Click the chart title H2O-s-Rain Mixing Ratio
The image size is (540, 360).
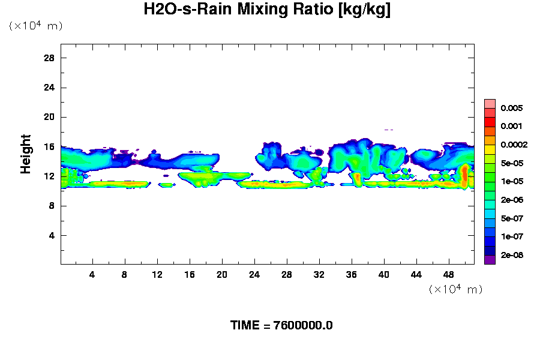pyautogui.click(x=267, y=10)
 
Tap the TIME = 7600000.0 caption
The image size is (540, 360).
pyautogui.click(x=281, y=325)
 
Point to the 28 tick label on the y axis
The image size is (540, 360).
pyautogui.click(x=49, y=58)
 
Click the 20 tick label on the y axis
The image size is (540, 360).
pyautogui.click(x=49, y=117)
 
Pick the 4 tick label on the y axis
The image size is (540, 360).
pyautogui.click(x=52, y=235)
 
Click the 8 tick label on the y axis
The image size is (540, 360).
pyautogui.click(x=52, y=206)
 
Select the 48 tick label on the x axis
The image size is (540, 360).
pyautogui.click(x=449, y=274)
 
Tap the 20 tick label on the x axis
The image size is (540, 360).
pyautogui.click(x=222, y=274)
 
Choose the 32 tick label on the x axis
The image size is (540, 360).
pyautogui.click(x=319, y=274)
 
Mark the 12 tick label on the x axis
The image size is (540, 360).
pyautogui.click(x=157, y=274)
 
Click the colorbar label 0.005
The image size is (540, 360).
pyautogui.click(x=512, y=108)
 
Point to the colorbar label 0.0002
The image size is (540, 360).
pyautogui.click(x=514, y=145)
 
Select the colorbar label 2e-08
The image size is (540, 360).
pyautogui.click(x=512, y=255)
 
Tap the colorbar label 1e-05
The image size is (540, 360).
pyautogui.click(x=512, y=181)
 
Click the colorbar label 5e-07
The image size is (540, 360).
pyautogui.click(x=512, y=218)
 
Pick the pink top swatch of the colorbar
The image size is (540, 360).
pyautogui.click(x=490, y=103)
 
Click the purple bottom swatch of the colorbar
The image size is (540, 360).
pyautogui.click(x=490, y=260)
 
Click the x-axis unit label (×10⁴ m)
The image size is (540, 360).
pyautogui.click(x=455, y=289)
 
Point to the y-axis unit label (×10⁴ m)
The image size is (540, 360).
pyautogui.click(x=35, y=26)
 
